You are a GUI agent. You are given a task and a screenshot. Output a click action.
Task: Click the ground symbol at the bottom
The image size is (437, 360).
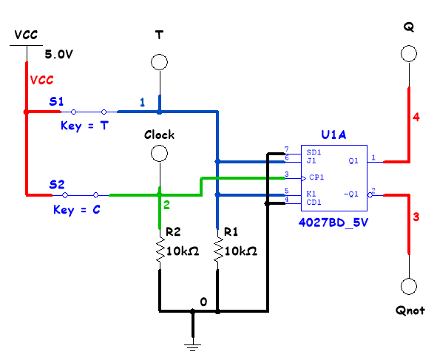tap(192, 347)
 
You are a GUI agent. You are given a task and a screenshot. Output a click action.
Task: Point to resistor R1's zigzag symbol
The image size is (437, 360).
tap(218, 249)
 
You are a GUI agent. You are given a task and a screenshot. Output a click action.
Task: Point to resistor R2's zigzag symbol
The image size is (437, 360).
tap(160, 249)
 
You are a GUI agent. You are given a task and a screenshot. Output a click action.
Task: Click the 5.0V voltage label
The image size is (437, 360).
tap(59, 54)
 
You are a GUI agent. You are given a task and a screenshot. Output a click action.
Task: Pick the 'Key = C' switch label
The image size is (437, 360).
tap(77, 210)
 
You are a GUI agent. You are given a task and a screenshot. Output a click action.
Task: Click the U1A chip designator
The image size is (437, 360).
tap(333, 135)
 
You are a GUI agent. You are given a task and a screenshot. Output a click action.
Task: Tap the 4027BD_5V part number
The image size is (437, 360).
tap(333, 223)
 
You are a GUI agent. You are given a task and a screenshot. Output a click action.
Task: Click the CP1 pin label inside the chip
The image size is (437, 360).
tap(316, 177)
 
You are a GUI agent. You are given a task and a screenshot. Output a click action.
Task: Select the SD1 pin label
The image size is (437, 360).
tap(314, 152)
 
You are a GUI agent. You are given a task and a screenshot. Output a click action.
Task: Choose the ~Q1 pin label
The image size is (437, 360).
tap(351, 194)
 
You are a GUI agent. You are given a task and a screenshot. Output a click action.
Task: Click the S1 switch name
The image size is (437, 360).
tap(56, 101)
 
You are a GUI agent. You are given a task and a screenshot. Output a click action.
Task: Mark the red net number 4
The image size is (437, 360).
tap(416, 117)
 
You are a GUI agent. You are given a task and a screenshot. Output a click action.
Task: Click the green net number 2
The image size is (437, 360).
tap(166, 205)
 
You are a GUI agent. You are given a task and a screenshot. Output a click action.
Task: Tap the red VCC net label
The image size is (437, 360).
tap(41, 81)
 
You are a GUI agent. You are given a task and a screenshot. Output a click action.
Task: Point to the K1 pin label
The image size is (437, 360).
tap(311, 194)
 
